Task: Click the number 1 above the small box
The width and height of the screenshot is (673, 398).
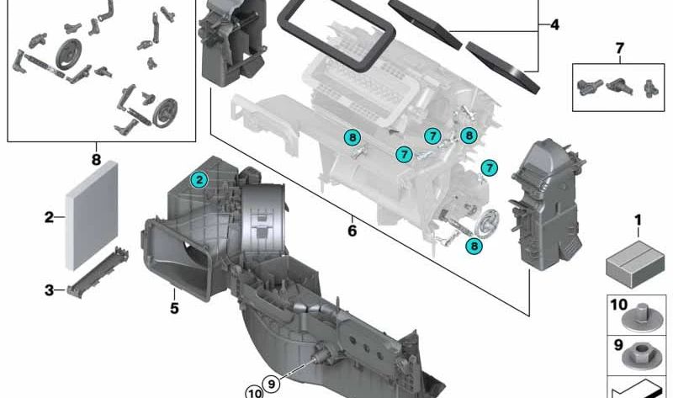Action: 638,220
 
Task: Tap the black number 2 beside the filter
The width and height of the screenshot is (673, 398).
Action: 50,217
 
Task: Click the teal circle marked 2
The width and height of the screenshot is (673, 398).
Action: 199,180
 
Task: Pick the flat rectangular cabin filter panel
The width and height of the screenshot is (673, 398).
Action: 92,215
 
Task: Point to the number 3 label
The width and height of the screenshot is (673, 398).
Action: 50,290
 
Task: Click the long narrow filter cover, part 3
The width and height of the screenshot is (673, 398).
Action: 98,273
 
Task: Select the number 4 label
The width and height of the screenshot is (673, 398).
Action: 554,25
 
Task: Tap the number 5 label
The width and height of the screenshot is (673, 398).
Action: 174,308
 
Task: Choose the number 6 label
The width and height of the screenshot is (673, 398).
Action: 352,231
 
